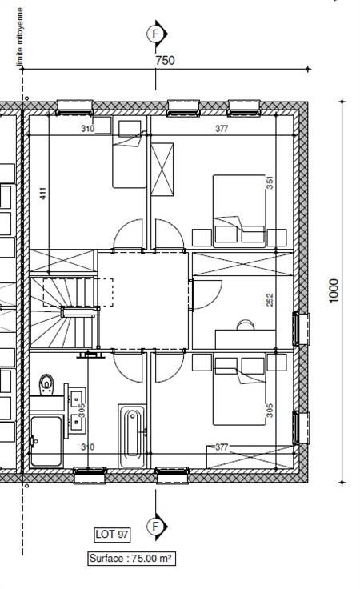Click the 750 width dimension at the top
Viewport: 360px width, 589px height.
[x=165, y=60]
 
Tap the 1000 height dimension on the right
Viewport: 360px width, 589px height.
[x=334, y=290]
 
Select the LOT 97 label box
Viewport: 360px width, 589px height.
[x=112, y=534]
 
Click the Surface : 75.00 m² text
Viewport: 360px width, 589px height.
[x=131, y=559]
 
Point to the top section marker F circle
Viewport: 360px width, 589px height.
[x=154, y=34]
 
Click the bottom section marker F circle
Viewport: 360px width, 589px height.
[x=155, y=527]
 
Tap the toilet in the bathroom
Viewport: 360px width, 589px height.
[x=46, y=385]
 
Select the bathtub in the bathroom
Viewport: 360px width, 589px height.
[x=132, y=435]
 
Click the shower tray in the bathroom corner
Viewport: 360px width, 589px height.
[x=46, y=441]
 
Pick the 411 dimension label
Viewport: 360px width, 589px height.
[x=43, y=193]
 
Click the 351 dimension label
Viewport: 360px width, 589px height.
[x=270, y=182]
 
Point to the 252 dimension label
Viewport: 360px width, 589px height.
[x=270, y=299]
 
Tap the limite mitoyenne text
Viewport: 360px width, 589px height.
[x=19, y=37]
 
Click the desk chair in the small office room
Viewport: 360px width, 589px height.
[x=246, y=325]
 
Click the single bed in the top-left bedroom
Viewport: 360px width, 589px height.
[x=129, y=154]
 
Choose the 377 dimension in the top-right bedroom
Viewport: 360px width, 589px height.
[x=222, y=129]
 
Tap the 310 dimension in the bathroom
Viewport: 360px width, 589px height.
[x=87, y=447]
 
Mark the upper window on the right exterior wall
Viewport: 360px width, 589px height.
[x=301, y=329]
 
